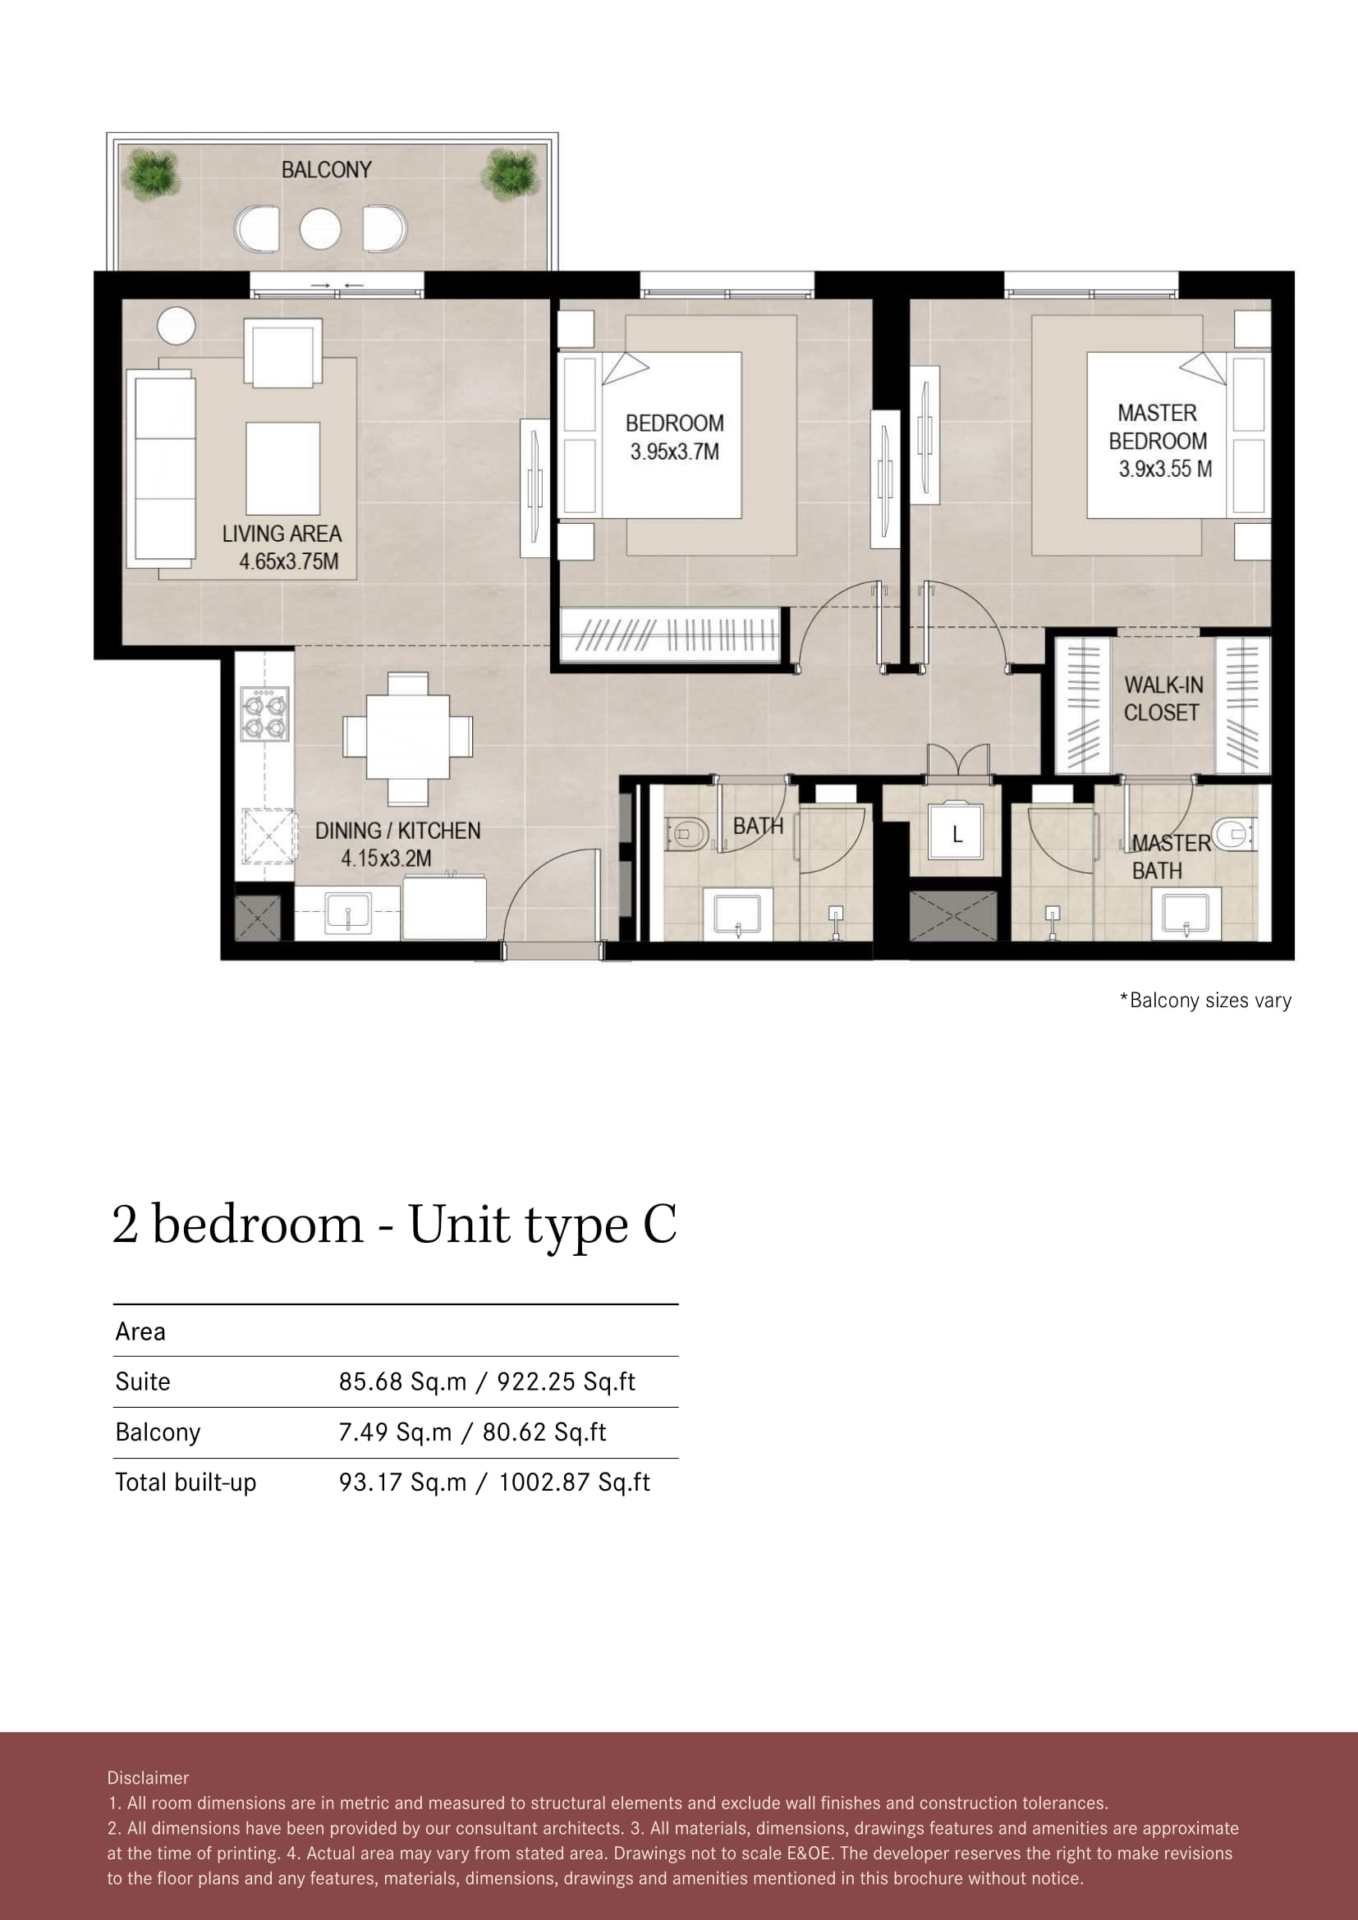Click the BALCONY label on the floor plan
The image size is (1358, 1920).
point(326,170)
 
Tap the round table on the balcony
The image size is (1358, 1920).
point(320,228)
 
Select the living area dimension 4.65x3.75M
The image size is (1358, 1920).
point(289,561)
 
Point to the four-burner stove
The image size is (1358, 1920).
point(265,713)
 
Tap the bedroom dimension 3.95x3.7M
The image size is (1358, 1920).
point(675,451)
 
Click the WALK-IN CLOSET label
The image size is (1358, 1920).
point(1163,699)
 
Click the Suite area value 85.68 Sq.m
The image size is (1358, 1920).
point(403,1382)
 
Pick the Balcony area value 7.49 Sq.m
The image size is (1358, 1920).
point(395,1432)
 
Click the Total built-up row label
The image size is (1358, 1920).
point(186,1482)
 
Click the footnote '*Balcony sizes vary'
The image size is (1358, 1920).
point(1206,1000)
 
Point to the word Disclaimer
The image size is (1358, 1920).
point(148,1778)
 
